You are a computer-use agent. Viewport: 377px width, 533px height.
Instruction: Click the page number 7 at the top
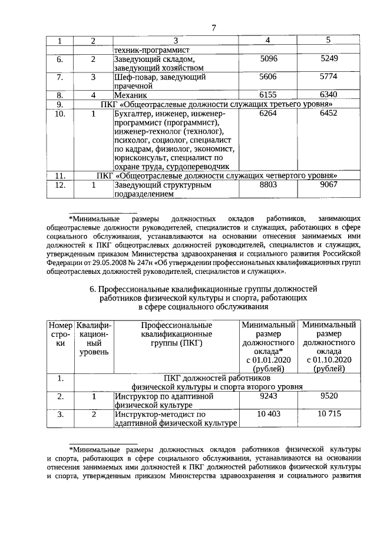click(214, 28)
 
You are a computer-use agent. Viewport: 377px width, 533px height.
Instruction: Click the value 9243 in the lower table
click(268, 397)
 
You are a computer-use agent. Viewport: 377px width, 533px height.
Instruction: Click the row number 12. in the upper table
click(59, 185)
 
